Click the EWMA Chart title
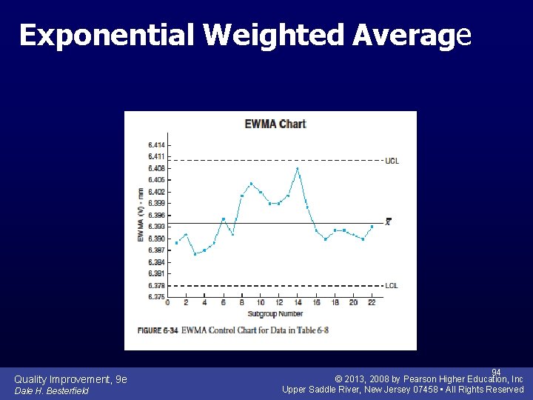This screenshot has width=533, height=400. coord(275,124)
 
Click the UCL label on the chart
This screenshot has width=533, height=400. coord(392,161)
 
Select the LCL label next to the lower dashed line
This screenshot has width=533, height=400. coord(391,285)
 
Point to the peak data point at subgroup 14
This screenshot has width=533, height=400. coord(298,169)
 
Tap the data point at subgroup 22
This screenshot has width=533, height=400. coord(372,227)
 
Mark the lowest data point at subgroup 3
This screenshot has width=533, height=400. coord(195,253)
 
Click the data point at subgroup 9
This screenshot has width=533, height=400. coord(251,184)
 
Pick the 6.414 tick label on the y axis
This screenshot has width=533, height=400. coord(156,144)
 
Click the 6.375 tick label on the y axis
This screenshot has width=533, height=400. coord(156,297)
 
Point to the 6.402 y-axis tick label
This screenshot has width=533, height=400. coord(156,192)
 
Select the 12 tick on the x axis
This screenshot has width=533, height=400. coord(279,303)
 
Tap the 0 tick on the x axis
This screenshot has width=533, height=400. coord(167,303)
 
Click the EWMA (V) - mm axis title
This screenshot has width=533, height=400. coord(141,215)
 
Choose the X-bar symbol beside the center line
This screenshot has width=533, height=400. coord(388,221)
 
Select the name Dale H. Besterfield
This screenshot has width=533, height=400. coord(51,391)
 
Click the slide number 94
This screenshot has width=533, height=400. coord(496,372)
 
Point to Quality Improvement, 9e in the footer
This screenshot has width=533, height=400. coord(70,379)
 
